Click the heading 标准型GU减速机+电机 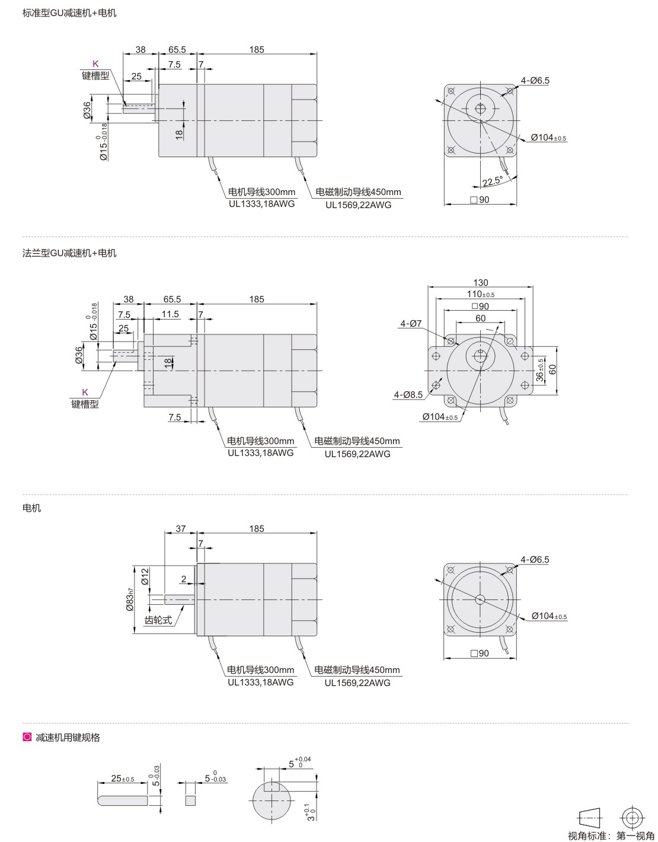tap(69, 13)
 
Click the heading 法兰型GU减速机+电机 tap(69, 253)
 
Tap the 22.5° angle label tap(492, 181)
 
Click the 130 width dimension tap(481, 283)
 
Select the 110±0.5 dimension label tap(481, 294)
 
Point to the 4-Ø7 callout tap(411, 324)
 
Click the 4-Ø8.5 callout tap(408, 394)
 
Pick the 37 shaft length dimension tap(181, 529)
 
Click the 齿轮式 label tap(158, 620)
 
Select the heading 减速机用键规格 tap(68, 738)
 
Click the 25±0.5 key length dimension tap(123, 779)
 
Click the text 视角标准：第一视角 tap(611, 836)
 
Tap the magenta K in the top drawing tap(95, 64)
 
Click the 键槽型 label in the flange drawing tap(85, 404)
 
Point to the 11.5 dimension tap(170, 314)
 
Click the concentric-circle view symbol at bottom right tap(632, 818)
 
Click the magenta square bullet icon tap(26, 738)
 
